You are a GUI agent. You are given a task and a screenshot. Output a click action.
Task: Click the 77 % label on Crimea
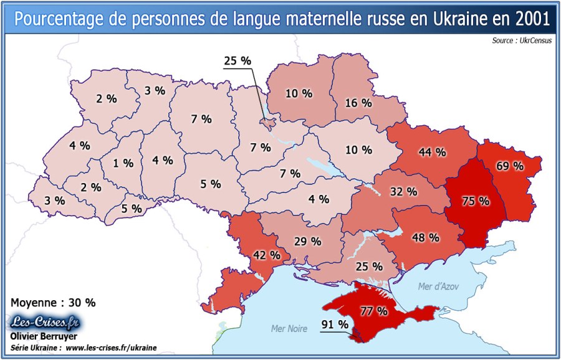(374, 310)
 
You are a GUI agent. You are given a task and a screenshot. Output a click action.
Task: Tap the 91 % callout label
(335, 324)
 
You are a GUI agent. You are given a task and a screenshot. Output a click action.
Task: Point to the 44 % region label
(432, 151)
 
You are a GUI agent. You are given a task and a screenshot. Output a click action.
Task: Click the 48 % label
(426, 237)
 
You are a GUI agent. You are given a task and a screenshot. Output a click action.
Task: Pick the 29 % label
(307, 240)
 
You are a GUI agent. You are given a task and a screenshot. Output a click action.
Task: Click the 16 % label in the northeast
(358, 103)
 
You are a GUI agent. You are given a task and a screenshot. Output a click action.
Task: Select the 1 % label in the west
(123, 163)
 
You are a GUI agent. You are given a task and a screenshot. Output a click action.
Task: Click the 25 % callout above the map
(237, 61)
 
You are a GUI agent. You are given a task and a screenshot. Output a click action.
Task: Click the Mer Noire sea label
(289, 328)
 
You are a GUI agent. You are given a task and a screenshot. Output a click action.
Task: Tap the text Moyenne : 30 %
(54, 302)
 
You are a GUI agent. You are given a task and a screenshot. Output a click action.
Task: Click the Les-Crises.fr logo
(47, 322)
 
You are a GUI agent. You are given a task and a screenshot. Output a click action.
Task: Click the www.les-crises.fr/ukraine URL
(111, 348)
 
